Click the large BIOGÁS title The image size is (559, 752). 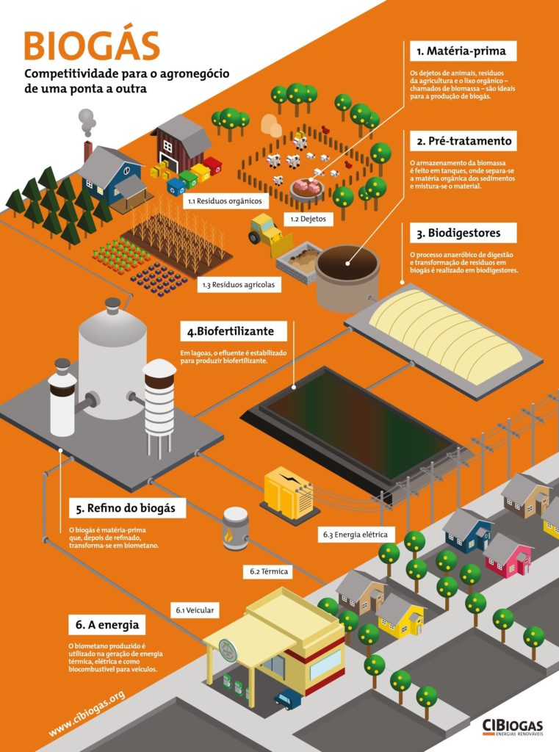click(92, 46)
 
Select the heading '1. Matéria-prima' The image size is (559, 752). click(463, 51)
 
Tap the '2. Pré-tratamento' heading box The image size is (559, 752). click(463, 140)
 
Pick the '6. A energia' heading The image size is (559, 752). click(107, 626)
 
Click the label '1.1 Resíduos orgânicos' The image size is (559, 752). click(224, 200)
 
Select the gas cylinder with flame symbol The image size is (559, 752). click(236, 528)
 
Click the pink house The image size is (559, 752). click(508, 556)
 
